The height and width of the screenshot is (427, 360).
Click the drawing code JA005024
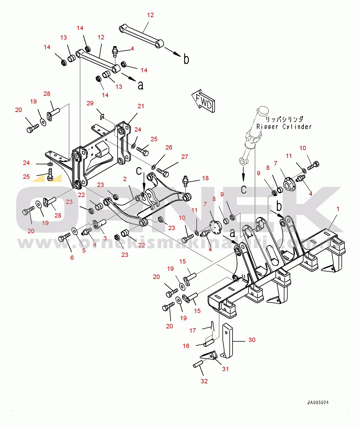318,402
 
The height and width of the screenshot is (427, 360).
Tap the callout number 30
252,340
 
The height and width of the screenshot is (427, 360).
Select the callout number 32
204,381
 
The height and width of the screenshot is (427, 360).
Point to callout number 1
338,209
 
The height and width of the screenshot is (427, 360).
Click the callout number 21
141,106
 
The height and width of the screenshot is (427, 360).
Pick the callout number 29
90,103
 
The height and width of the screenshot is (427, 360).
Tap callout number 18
205,178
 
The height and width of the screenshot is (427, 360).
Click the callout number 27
184,157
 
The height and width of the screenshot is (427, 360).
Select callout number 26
169,148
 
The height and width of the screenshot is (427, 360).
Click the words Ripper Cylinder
284,127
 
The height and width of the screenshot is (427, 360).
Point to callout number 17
193,330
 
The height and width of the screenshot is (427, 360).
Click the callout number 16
186,346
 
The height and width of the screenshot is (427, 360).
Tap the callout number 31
225,369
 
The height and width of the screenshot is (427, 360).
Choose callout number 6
72,257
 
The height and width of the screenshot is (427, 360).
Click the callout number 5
84,251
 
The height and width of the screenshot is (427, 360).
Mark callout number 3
105,238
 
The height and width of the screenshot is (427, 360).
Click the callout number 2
125,179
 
